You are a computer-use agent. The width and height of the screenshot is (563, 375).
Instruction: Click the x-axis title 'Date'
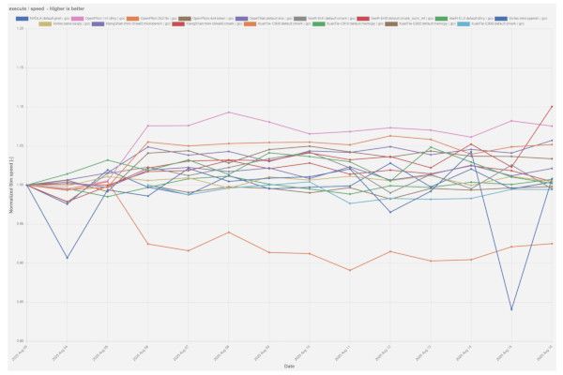pyautogui.click(x=289, y=367)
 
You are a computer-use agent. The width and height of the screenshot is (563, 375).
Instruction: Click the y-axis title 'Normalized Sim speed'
pyautogui.click(x=10, y=185)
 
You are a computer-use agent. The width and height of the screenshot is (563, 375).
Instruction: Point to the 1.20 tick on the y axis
pyautogui.click(x=20, y=29)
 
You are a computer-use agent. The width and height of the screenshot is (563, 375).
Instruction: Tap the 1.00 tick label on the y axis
pyautogui.click(x=20, y=185)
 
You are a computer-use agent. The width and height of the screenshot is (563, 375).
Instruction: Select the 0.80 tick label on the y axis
pyautogui.click(x=20, y=340)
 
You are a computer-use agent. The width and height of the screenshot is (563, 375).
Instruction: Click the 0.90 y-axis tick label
pyautogui.click(x=20, y=262)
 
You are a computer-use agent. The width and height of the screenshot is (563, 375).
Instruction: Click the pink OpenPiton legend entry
pyautogui.click(x=102, y=18)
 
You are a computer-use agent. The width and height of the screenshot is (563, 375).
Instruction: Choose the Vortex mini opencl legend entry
pyautogui.click(x=521, y=18)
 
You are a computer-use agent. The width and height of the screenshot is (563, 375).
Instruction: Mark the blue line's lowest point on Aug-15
pyautogui.click(x=511, y=309)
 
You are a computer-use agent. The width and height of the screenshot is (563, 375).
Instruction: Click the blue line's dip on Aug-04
pyautogui.click(x=67, y=258)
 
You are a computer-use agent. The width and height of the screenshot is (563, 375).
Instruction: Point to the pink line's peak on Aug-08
pyautogui.click(x=228, y=112)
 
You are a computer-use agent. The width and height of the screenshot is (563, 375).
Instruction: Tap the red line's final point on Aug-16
pyautogui.click(x=552, y=106)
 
